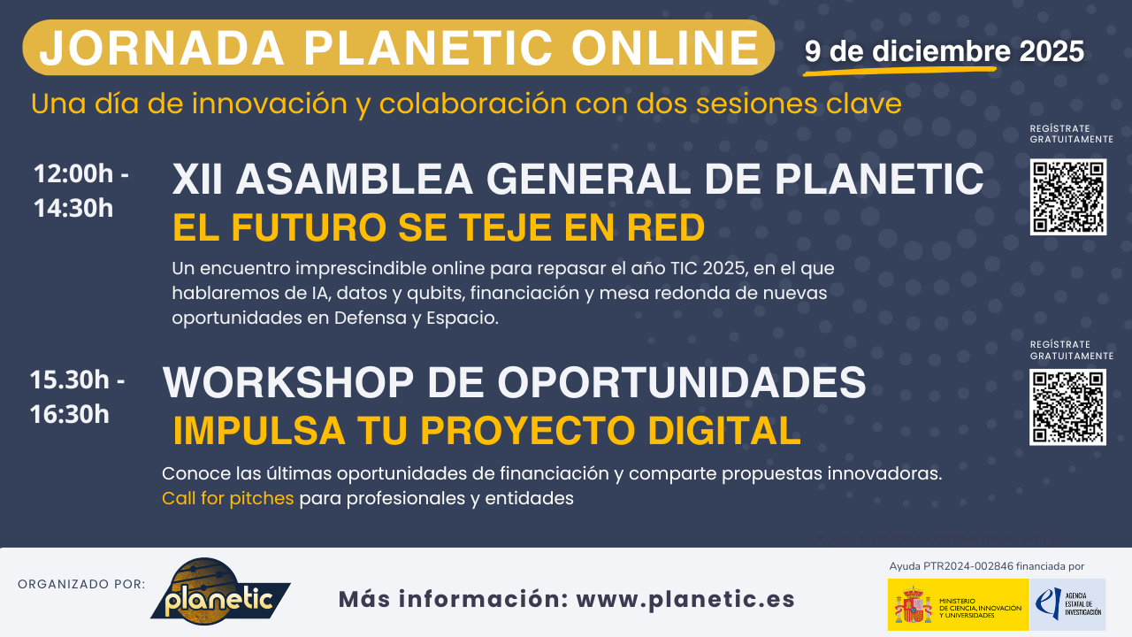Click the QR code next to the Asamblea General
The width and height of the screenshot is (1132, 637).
pyautogui.click(x=1067, y=196)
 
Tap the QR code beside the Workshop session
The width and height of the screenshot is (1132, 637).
pyautogui.click(x=1067, y=407)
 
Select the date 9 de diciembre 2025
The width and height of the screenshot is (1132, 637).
pyautogui.click(x=944, y=51)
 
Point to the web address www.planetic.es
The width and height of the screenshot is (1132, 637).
pyautogui.click(x=685, y=599)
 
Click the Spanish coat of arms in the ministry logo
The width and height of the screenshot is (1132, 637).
pyautogui.click(x=911, y=605)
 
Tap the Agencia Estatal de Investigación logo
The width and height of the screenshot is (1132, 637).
pyautogui.click(x=1068, y=604)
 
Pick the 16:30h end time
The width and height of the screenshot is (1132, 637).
pyautogui.click(x=71, y=413)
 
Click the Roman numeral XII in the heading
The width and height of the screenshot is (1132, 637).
pyautogui.click(x=198, y=180)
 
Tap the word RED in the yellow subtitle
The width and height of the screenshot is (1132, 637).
pyautogui.click(x=668, y=228)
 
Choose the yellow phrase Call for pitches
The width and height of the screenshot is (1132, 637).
pyautogui.click(x=227, y=498)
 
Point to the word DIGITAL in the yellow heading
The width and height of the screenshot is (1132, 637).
pyautogui.click(x=724, y=431)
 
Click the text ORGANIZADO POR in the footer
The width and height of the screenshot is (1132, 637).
pyautogui.click(x=81, y=584)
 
